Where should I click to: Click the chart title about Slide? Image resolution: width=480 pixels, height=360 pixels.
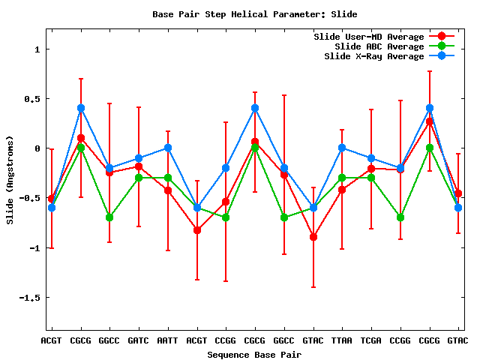point(255,14)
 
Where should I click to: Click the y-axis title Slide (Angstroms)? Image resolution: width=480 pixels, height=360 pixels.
point(10,179)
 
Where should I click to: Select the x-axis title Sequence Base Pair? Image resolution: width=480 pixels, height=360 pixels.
point(254,354)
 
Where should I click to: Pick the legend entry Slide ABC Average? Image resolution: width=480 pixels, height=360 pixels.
point(379,46)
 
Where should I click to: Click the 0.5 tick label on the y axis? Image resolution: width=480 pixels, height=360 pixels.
point(32,99)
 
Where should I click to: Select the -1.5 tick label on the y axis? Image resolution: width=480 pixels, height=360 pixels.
point(30,298)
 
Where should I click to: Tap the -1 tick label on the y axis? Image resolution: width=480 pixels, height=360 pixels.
point(34,248)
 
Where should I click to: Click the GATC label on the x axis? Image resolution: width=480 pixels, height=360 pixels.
point(139,340)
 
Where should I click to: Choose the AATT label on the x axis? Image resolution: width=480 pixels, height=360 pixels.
point(168,340)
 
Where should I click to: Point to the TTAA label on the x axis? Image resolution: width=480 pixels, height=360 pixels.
point(342,340)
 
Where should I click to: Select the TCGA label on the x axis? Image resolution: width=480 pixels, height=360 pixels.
point(371,340)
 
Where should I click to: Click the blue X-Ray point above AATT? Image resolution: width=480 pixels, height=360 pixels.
point(168,148)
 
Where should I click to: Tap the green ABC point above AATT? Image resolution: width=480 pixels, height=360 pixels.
point(168,178)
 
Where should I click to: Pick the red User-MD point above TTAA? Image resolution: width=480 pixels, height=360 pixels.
point(342,190)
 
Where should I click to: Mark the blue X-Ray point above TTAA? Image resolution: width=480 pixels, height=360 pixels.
point(342,148)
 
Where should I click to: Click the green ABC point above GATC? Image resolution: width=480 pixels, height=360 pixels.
point(139,178)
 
